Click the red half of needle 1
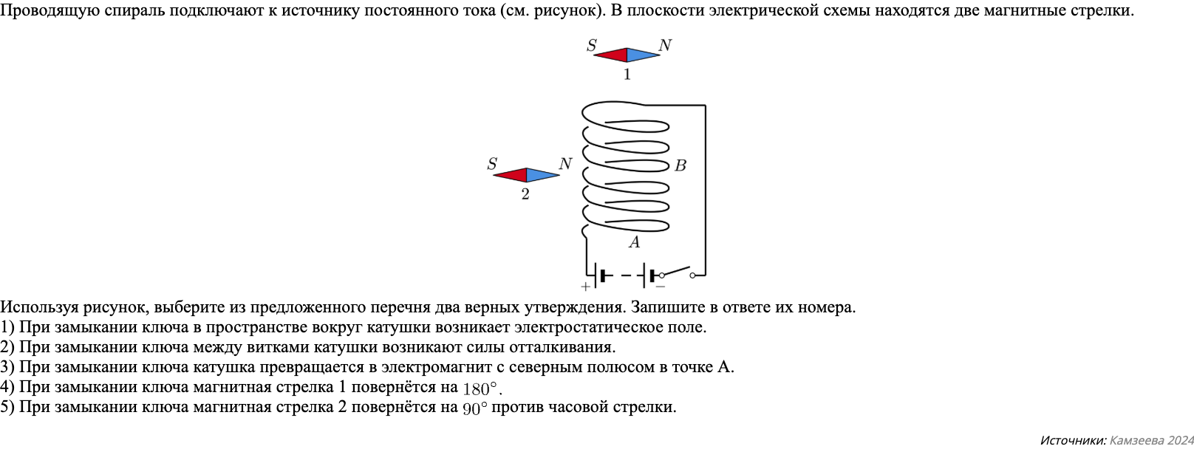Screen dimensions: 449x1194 point(613,55)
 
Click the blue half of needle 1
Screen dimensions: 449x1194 point(641,55)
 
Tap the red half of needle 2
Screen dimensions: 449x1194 point(511,175)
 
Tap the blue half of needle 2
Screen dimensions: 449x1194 point(541,175)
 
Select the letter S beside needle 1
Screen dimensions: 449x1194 point(591,46)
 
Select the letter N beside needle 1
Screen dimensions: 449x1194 point(664,46)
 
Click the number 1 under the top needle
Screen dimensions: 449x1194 point(627,75)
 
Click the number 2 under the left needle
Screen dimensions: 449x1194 point(525,195)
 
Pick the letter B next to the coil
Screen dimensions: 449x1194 point(680,166)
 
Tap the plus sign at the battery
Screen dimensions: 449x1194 point(585,287)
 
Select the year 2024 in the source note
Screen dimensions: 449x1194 point(1178,440)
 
